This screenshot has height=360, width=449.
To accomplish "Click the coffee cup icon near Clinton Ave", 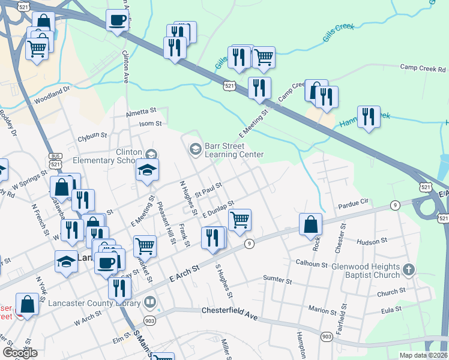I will tap(118, 20).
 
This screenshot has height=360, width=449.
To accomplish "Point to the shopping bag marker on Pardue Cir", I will tap(311, 224).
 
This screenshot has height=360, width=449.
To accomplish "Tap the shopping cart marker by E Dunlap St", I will tap(240, 220).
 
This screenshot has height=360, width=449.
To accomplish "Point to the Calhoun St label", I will tap(312, 263).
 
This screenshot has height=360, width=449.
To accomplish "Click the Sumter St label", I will tap(277, 280).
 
